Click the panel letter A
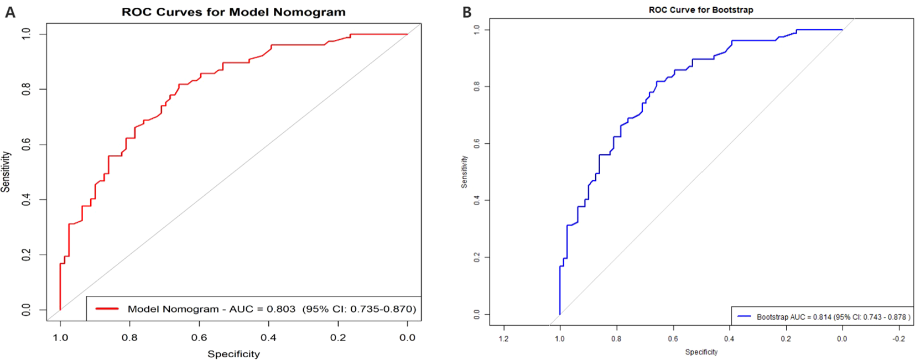click(x=10, y=12)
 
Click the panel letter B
click(x=467, y=12)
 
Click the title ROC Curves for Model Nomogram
click(x=233, y=12)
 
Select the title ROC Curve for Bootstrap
click(x=701, y=10)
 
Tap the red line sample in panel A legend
click(x=107, y=309)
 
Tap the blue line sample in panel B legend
click(x=744, y=316)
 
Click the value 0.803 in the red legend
click(x=281, y=309)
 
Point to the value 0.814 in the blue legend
click(x=822, y=317)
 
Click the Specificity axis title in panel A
click(x=233, y=354)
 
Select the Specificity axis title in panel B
click(x=701, y=352)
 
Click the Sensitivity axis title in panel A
click(x=6, y=171)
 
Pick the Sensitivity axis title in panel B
click(x=464, y=171)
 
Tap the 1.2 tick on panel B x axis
click(x=503, y=338)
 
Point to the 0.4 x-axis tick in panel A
click(x=268, y=337)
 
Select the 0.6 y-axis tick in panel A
click(x=26, y=144)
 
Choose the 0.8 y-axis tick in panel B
click(x=477, y=87)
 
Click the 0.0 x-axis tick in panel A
click(x=407, y=337)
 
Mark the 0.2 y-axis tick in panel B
click(x=477, y=258)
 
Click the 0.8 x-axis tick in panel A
click(x=129, y=337)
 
